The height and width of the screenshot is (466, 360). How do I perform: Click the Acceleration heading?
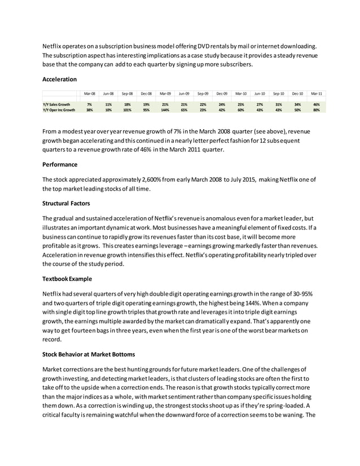pos(60,80)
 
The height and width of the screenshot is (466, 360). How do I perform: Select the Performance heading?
pos(60,165)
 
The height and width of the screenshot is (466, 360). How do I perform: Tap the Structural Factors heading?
pos(67,203)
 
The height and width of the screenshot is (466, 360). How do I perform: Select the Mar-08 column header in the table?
pos(90,93)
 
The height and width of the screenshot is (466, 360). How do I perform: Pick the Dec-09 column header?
pos(222,93)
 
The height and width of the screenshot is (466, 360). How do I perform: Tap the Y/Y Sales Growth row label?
pos(56,104)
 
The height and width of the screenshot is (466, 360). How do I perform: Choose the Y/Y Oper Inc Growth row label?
pos(59,110)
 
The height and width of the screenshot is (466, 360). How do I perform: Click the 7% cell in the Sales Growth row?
pos(90,104)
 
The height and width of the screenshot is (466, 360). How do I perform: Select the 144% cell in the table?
pos(165,110)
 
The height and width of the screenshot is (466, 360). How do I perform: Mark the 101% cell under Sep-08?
pos(128,110)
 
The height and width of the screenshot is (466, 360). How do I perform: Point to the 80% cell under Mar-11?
pos(317,110)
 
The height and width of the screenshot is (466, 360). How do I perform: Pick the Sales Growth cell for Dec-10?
pos(297,104)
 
